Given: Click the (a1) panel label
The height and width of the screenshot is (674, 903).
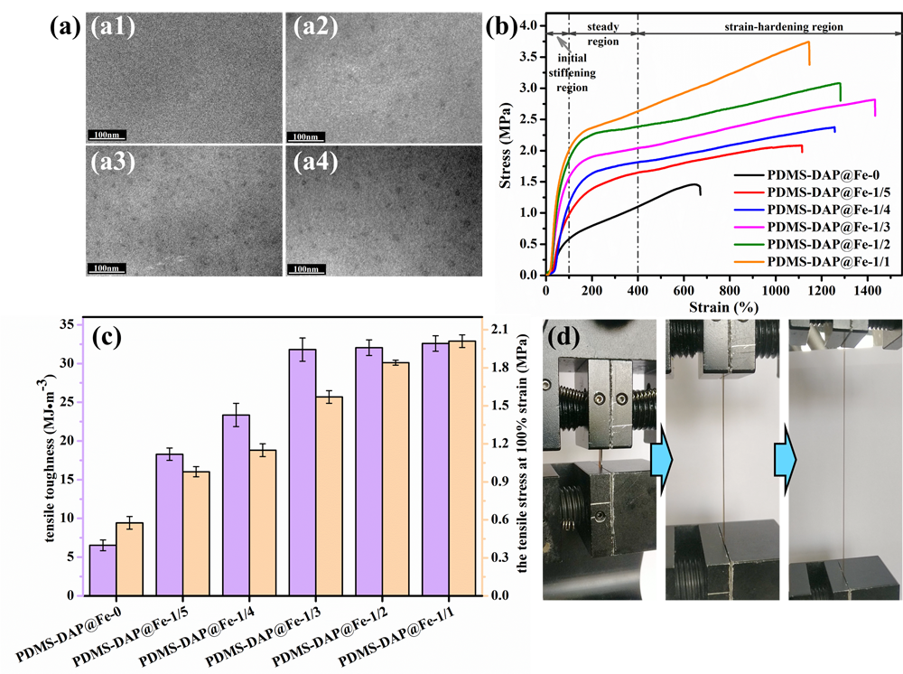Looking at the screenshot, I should coord(114,27).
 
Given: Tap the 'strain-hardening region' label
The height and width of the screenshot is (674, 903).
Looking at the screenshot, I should coord(784,27).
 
